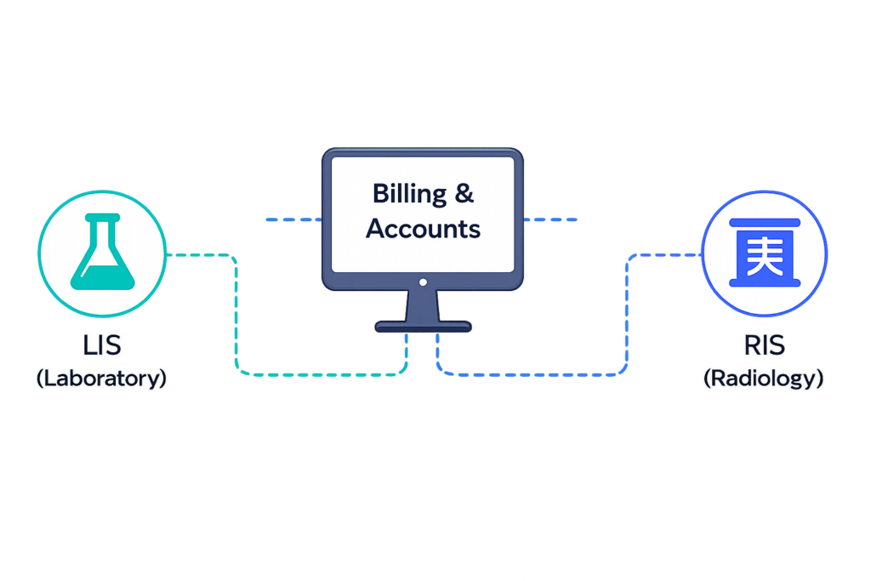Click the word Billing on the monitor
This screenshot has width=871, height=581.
pyautogui.click(x=409, y=195)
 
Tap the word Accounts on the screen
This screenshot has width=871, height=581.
pyautogui.click(x=424, y=228)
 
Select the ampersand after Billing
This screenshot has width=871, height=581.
pyautogui.click(x=464, y=193)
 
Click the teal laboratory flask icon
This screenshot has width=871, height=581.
pyautogui.click(x=102, y=252)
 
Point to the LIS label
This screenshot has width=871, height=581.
pyautogui.click(x=102, y=345)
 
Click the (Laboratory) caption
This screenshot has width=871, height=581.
pyautogui.click(x=102, y=379)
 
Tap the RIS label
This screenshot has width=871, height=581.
pyautogui.click(x=765, y=345)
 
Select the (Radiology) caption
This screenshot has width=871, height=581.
pyautogui.click(x=763, y=379)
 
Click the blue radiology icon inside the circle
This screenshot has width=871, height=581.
pyautogui.click(x=765, y=253)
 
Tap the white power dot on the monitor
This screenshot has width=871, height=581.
pyautogui.click(x=424, y=282)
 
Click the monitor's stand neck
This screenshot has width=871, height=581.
pyautogui.click(x=423, y=305)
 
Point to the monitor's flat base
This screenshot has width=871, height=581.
pyautogui.click(x=424, y=327)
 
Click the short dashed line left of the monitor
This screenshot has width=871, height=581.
pyautogui.click(x=293, y=219)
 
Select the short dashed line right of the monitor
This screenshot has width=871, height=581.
pyautogui.click(x=550, y=219)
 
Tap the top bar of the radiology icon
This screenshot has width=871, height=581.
pyautogui.click(x=765, y=222)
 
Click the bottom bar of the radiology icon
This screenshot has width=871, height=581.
pyautogui.click(x=765, y=282)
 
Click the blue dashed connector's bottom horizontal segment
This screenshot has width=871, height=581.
pyautogui.click(x=532, y=375)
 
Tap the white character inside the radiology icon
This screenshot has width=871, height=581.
pyautogui.click(x=765, y=255)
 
